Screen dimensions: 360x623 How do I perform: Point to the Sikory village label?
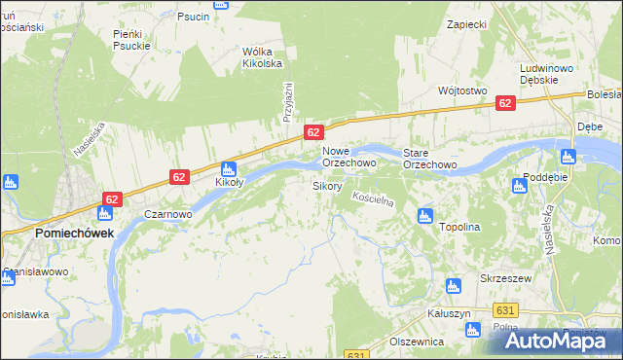tap(326, 185)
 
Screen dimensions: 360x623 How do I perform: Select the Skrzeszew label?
tap(503, 277)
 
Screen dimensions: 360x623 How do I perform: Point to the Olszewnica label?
tap(417, 342)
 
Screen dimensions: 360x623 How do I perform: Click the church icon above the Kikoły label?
tap(229, 167)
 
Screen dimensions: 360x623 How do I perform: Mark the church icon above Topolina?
tap(423, 215)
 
